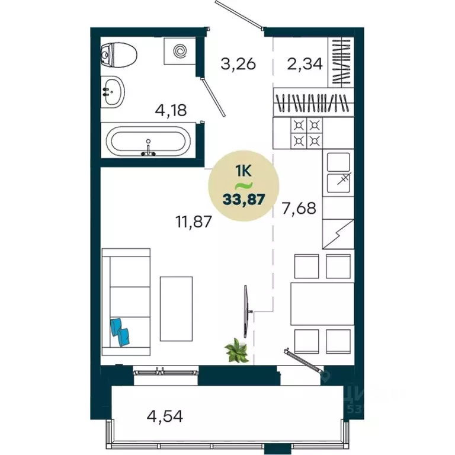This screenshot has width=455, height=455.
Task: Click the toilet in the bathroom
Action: [120, 56]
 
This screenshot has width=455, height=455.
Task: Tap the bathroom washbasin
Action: [114, 92]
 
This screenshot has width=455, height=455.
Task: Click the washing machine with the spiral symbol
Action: [180, 52]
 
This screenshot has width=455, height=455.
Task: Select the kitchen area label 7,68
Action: [299, 209]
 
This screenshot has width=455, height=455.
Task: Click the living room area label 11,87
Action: [193, 222]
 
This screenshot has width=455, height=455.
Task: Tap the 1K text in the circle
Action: [243, 171]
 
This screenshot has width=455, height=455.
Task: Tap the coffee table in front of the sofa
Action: [176, 308]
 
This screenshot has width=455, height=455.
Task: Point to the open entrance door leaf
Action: [239, 15]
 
